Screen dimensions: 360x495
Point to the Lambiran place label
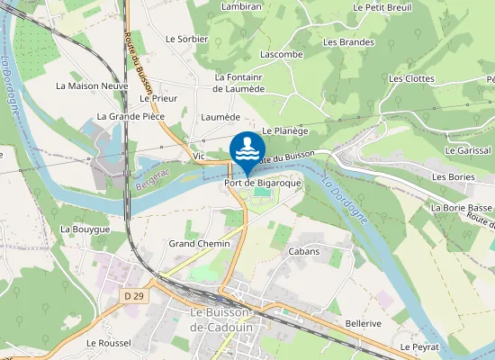coord(240,6)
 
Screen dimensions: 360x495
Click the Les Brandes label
coord(348,42)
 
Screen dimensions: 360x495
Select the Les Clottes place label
coord(411,79)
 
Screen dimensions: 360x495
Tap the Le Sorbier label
coord(186,40)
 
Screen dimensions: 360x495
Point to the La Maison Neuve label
coord(92,86)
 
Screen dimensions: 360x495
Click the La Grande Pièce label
coord(130,117)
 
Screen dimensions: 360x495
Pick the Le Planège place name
coord(279,131)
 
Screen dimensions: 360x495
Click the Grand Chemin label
coord(199,244)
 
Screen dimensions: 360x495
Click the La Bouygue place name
coord(85,229)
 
